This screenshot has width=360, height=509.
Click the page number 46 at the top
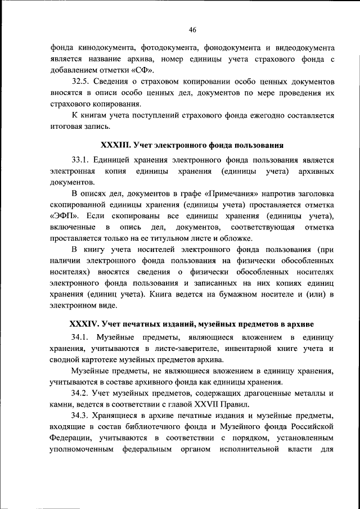pyautogui.click(x=192, y=29)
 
